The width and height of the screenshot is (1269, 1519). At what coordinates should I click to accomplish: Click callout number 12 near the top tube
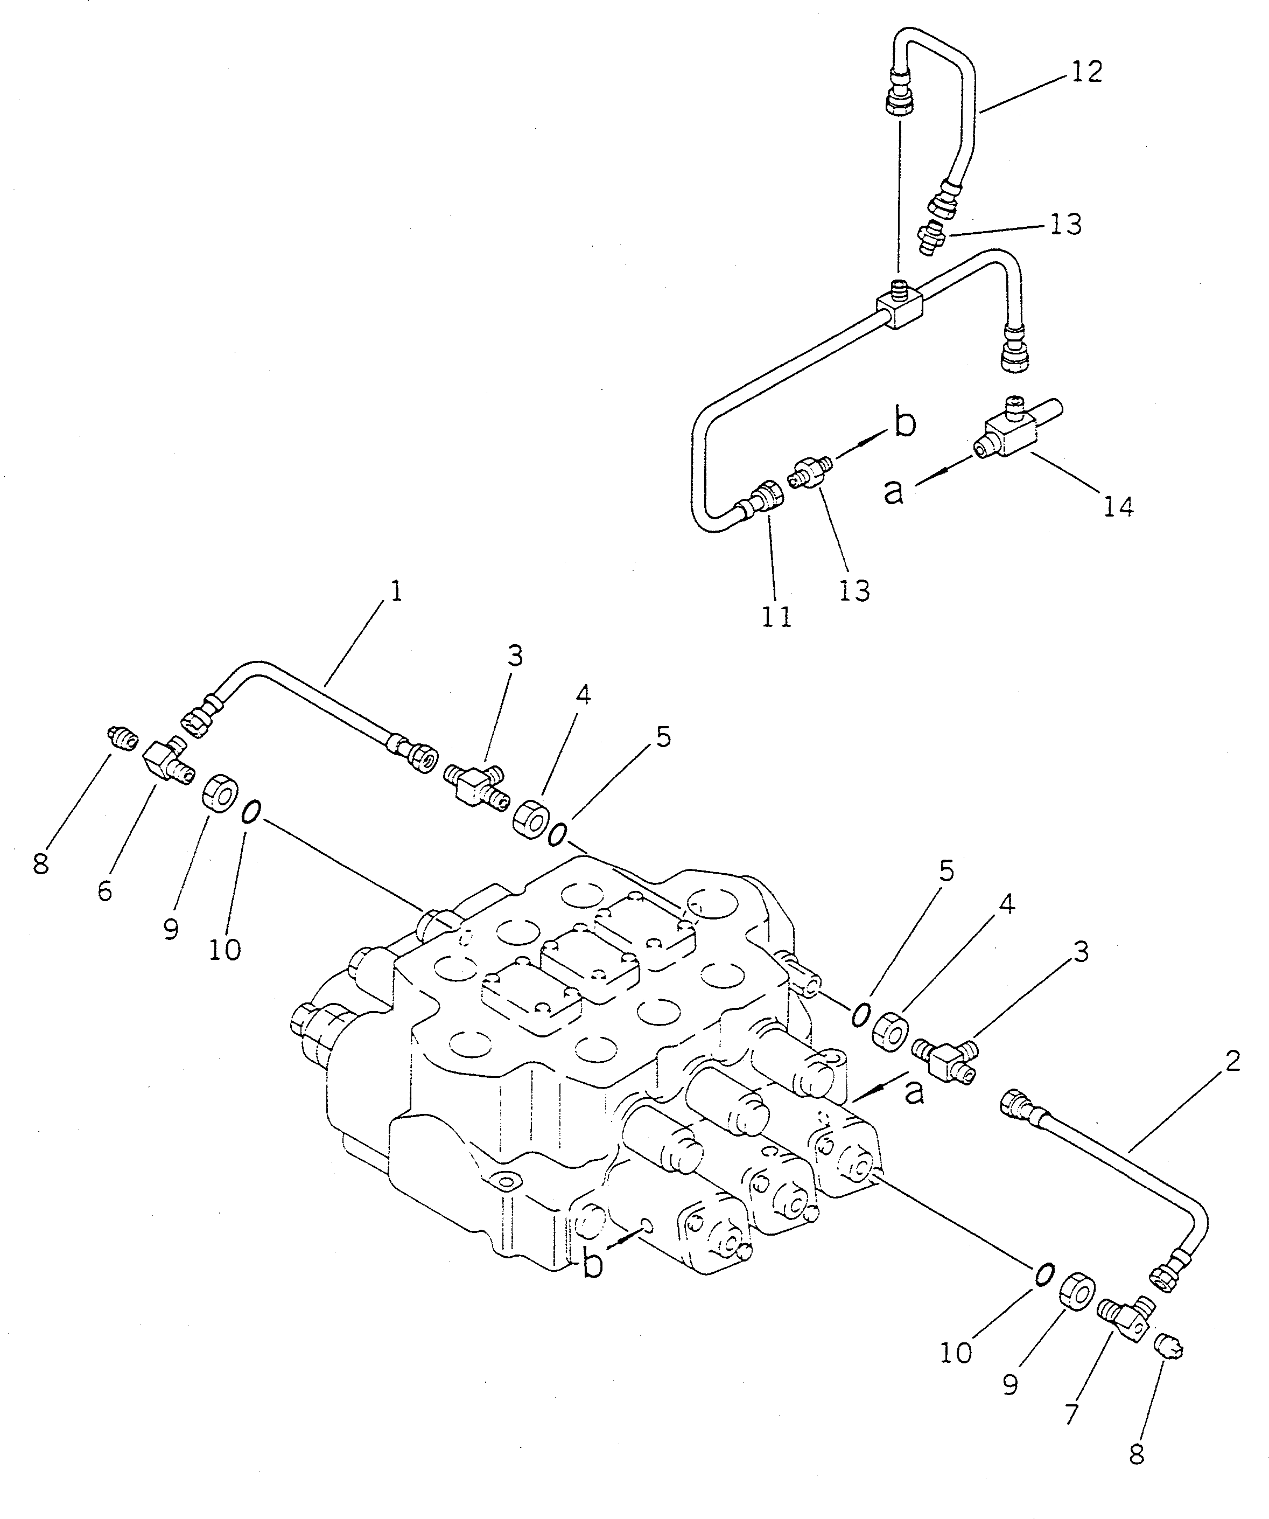(1087, 72)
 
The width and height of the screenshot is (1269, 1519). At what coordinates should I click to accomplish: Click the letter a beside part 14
(894, 492)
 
